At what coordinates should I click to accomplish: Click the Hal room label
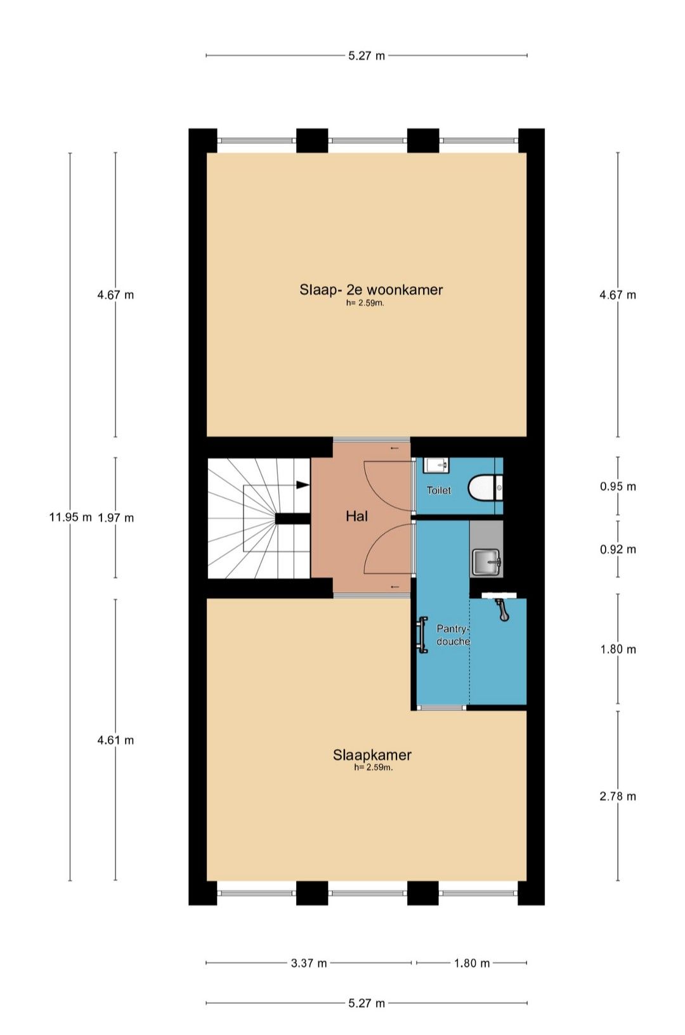pyautogui.click(x=357, y=516)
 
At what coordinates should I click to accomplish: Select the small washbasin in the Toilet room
pyautogui.click(x=436, y=464)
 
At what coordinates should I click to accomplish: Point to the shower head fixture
pyautogui.click(x=501, y=609)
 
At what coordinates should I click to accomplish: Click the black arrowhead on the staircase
pyautogui.click(x=303, y=485)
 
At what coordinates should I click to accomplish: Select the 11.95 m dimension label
pyautogui.click(x=70, y=517)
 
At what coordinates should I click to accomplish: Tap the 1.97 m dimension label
pyautogui.click(x=115, y=518)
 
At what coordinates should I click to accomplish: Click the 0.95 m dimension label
pyautogui.click(x=618, y=486)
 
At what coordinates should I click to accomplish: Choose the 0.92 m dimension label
pyautogui.click(x=618, y=549)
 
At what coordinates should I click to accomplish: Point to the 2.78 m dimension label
pyautogui.click(x=618, y=796)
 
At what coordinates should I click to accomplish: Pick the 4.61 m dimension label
pyautogui.click(x=115, y=740)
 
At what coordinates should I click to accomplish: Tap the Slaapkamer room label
pyautogui.click(x=372, y=755)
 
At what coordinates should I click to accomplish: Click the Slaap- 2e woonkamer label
pyautogui.click(x=371, y=290)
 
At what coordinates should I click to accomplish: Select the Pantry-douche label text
pyautogui.click(x=453, y=635)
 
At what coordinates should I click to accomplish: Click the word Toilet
pyautogui.click(x=439, y=490)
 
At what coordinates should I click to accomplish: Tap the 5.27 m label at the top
pyautogui.click(x=367, y=56)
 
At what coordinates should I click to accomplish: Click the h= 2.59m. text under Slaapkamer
pyautogui.click(x=374, y=767)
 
